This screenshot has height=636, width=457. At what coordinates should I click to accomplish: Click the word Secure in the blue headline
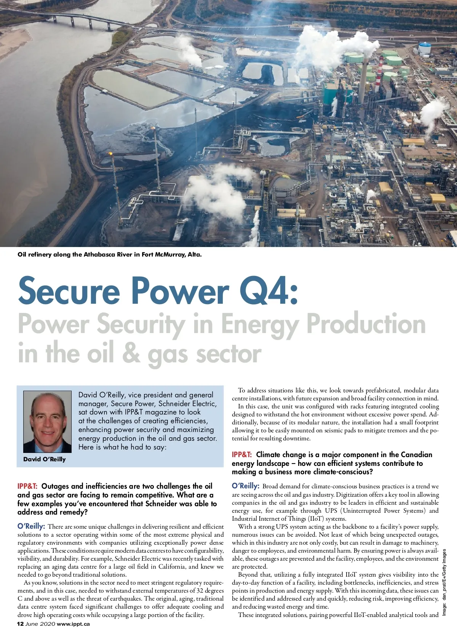(69, 291)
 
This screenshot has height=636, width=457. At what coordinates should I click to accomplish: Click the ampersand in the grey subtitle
(131, 354)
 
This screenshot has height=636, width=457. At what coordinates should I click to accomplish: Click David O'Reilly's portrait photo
(47, 421)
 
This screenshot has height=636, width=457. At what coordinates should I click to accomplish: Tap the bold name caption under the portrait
(45, 459)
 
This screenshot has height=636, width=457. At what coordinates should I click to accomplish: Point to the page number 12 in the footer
(21, 624)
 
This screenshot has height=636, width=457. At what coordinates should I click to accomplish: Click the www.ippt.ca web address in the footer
(74, 624)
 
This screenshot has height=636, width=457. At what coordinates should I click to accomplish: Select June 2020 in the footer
(40, 624)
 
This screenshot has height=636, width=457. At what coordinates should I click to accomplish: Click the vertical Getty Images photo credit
(444, 582)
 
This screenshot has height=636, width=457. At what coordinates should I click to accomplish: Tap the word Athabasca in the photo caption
(101, 255)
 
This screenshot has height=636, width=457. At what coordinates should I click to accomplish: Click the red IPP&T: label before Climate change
(242, 455)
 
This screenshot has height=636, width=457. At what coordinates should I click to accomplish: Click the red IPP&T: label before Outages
(27, 486)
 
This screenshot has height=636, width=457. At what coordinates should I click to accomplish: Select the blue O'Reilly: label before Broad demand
(246, 486)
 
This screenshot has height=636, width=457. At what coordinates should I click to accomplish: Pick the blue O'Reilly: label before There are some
(31, 527)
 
